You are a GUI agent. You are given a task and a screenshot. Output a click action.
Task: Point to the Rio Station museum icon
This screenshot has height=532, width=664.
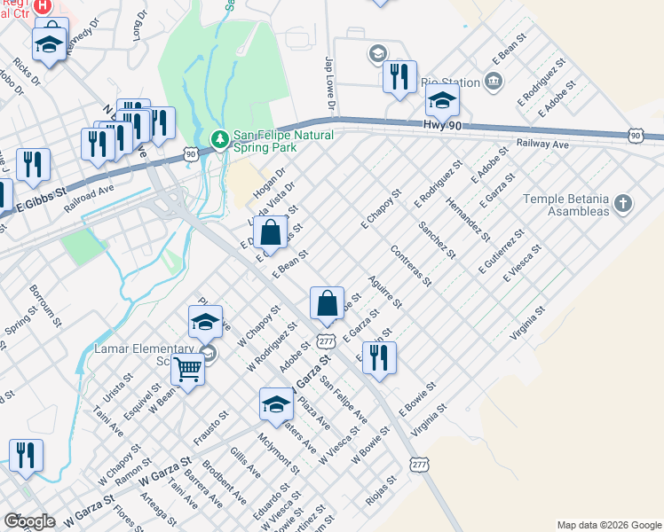pos(494,82)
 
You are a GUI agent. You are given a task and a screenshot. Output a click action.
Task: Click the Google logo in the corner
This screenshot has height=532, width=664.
pos(29,521)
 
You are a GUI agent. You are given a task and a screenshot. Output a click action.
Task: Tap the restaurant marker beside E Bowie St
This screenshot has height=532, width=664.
pos(379,357)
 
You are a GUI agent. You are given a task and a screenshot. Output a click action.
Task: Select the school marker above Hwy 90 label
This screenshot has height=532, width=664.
pos(441,101)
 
